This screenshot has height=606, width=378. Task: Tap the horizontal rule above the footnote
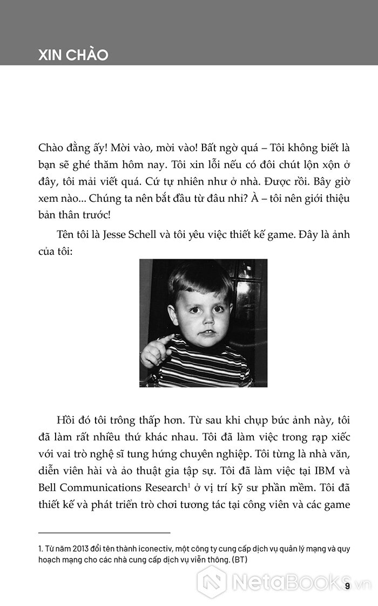104,533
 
